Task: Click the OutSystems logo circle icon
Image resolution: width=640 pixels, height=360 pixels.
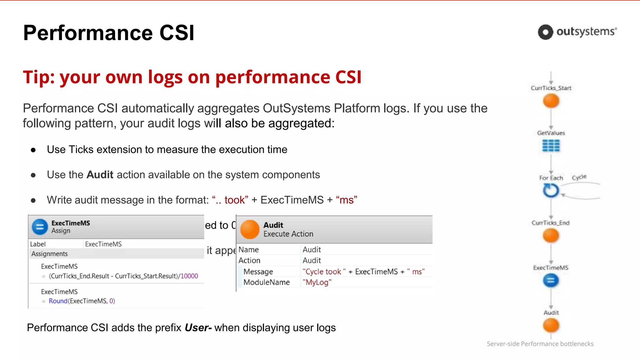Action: pyautogui.click(x=545, y=32)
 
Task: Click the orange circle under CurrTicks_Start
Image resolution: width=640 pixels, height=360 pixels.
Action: pyautogui.click(x=551, y=101)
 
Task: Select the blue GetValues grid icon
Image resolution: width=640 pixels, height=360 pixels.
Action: pyautogui.click(x=551, y=146)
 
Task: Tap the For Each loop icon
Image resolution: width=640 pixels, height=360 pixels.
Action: pyautogui.click(x=550, y=190)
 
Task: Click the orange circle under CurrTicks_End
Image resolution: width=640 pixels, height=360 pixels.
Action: pyautogui.click(x=551, y=236)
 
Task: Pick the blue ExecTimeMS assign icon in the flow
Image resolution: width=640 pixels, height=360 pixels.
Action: pyautogui.click(x=551, y=280)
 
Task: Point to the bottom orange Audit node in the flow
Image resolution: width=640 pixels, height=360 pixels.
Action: pyautogui.click(x=551, y=326)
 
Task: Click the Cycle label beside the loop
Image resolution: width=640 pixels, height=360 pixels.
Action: pyautogui.click(x=579, y=177)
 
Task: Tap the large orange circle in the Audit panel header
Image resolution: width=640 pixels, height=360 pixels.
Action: pyautogui.click(x=250, y=229)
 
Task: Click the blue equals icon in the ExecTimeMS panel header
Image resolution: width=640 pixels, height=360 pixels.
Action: pyautogui.click(x=40, y=227)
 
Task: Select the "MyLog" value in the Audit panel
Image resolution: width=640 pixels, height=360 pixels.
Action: pyautogui.click(x=317, y=282)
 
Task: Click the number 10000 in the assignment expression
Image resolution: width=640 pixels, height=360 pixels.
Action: pyautogui.click(x=189, y=276)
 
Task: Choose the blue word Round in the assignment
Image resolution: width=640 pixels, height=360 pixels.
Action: pyautogui.click(x=58, y=301)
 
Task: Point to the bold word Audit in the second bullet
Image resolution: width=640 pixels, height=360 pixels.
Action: pyautogui.click(x=100, y=175)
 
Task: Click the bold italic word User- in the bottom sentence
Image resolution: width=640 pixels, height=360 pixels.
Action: pyautogui.click(x=198, y=327)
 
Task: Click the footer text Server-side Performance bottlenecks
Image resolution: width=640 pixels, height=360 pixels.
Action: pyautogui.click(x=540, y=344)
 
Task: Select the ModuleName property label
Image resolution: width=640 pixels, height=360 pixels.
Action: pyautogui.click(x=267, y=282)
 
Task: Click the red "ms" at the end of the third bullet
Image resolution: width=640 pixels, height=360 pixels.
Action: pyautogui.click(x=347, y=200)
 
